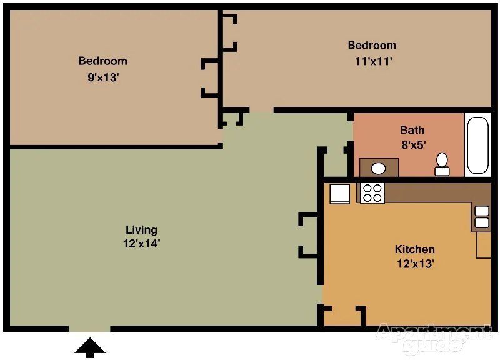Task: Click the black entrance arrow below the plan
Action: (90, 347)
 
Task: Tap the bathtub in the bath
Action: (477, 145)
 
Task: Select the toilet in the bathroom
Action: (442, 164)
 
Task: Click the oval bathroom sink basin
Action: (379, 168)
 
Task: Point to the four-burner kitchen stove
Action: (372, 193)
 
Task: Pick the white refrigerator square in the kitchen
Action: (339, 194)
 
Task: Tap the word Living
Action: (141, 230)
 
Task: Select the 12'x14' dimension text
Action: (141, 244)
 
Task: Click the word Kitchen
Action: (414, 249)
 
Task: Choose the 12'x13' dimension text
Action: (416, 264)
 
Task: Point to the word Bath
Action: (412, 130)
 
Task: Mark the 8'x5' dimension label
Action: (414, 145)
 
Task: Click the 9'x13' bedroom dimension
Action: (103, 77)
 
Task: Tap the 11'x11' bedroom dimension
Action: (373, 61)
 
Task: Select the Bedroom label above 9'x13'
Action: (103, 61)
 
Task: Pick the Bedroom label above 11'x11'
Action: (372, 45)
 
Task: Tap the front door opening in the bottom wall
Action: (90, 329)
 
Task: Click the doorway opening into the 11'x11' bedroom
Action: (261, 110)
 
